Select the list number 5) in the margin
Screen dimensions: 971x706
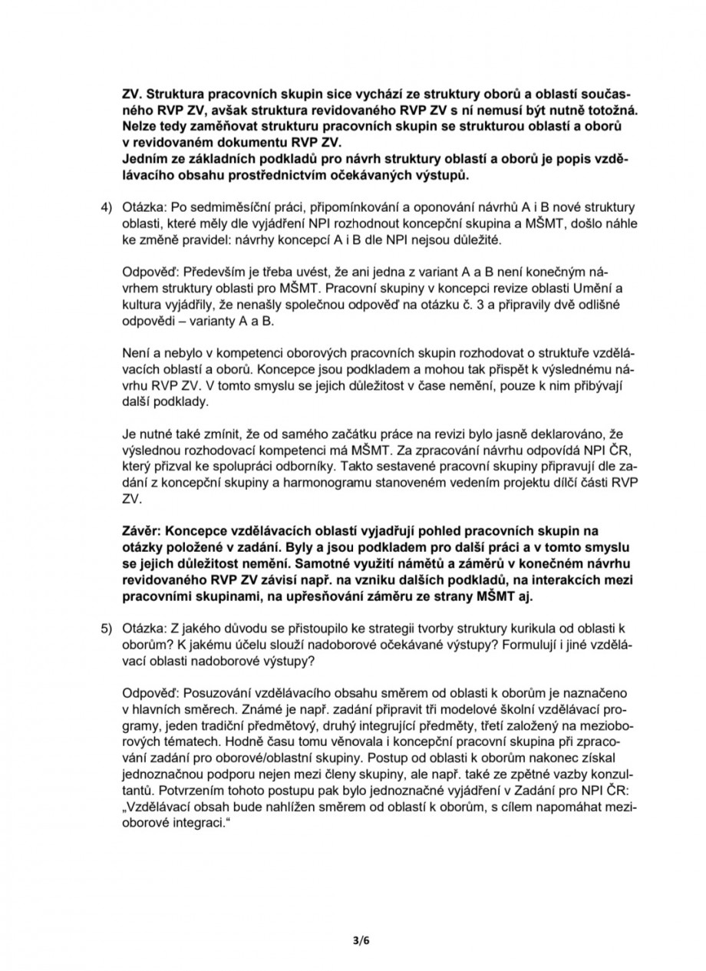pyautogui.click(x=104, y=627)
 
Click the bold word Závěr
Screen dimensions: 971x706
pyautogui.click(x=142, y=530)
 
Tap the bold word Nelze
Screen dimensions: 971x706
pyautogui.click(x=140, y=125)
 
